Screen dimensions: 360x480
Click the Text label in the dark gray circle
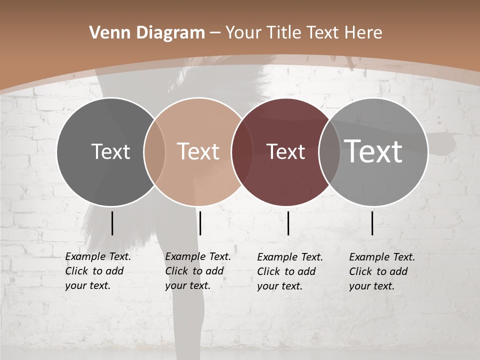[x=110, y=151]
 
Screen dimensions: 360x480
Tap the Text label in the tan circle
[x=198, y=151]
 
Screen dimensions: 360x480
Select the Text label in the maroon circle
[x=286, y=152]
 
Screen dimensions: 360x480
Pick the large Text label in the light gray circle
[x=373, y=151]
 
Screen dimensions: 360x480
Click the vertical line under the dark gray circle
[x=112, y=223]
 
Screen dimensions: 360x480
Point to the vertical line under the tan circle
[x=200, y=223]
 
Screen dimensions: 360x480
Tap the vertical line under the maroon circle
[x=288, y=223]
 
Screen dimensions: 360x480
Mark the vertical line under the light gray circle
[x=372, y=223]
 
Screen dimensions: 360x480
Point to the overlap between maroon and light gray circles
[x=329, y=152]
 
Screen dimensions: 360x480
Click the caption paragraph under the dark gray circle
[x=98, y=271]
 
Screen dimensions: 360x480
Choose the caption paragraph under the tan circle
[x=198, y=271]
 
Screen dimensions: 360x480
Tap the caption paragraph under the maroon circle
[x=290, y=271]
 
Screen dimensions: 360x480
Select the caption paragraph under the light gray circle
[x=382, y=271]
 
